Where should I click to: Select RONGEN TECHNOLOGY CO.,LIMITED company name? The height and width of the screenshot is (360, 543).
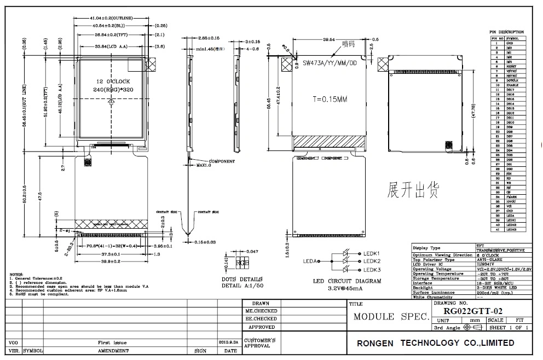coord(435,343)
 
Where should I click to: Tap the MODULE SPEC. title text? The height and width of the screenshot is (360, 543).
coord(390,316)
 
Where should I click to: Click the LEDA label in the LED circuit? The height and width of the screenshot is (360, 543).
coord(311,262)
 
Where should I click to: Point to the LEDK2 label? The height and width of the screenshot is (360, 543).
coord(372,262)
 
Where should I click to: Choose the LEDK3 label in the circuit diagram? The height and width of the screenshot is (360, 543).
coord(372,270)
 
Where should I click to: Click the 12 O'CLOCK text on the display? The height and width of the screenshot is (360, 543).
coord(112,81)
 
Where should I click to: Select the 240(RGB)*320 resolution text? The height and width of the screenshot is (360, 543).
coord(112,90)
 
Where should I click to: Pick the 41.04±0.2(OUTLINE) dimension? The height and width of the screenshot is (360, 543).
coord(111,19)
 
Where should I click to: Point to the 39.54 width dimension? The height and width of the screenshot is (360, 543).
coord(328,40)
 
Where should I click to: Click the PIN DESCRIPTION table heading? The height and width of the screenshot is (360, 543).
coord(506,32)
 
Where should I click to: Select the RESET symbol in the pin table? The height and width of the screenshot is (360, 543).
coord(512,66)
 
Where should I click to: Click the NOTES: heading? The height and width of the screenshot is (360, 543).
coord(17,274)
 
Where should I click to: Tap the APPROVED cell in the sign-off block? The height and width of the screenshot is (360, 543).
coord(262,327)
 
